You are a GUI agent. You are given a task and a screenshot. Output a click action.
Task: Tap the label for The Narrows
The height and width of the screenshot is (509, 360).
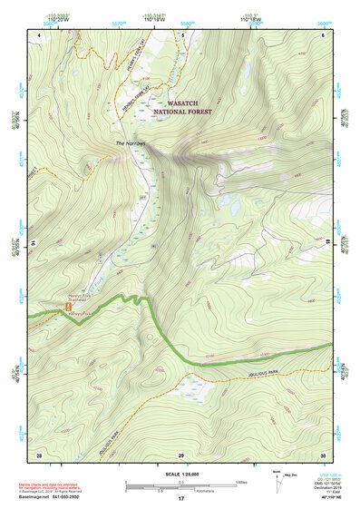coord(131,143)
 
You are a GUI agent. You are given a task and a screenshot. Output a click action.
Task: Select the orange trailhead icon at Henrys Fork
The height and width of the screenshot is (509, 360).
coord(65,308)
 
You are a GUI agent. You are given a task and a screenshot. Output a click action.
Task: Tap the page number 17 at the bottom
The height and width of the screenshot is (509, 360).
coord(180,499)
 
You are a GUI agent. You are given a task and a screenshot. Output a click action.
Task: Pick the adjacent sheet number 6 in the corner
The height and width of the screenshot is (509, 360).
coord(323,34)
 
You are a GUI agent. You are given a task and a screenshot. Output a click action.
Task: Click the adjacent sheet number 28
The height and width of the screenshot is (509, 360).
coord(39,454)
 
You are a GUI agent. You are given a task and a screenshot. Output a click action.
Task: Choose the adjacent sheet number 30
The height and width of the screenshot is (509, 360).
coord(322,454)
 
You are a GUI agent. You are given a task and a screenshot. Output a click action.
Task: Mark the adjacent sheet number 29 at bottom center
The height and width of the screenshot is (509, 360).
coord(181,454)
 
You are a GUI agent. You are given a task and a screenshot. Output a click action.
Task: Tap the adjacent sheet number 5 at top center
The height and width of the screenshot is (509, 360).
coord(181,34)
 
